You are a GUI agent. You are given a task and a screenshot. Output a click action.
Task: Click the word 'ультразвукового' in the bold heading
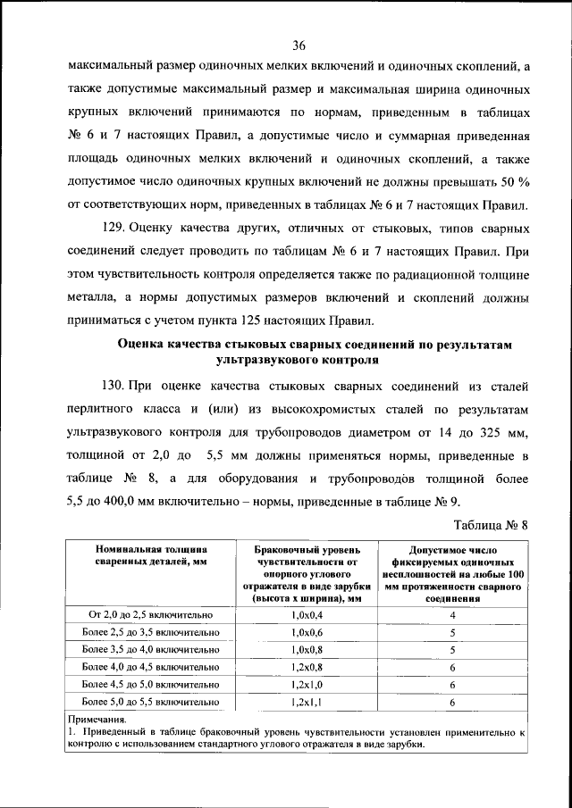point(257,361)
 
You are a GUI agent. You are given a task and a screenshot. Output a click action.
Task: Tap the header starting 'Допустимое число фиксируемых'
point(453,575)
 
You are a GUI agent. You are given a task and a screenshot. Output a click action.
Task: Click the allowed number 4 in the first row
point(453,616)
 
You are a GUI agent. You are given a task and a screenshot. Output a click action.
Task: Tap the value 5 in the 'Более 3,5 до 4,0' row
point(453,650)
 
